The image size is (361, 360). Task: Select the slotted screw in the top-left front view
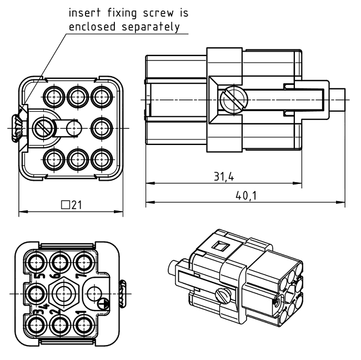pos(43,128)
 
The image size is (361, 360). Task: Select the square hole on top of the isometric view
pos(220,246)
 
